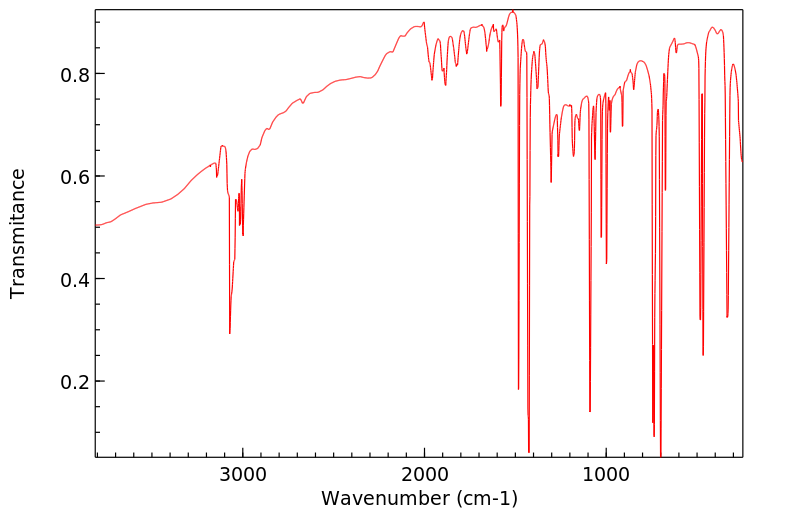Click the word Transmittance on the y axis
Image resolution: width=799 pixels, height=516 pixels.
pyautogui.click(x=18, y=233)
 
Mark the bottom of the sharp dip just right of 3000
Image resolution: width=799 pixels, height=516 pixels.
pyautogui.click(x=230, y=333)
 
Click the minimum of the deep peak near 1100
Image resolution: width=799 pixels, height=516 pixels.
pyautogui.click(x=590, y=411)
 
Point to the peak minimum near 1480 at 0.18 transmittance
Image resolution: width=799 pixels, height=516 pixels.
pyautogui.click(x=518, y=389)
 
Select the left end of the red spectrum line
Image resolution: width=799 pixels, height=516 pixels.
pyautogui.click(x=97, y=226)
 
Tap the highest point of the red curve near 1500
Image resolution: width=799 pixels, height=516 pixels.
pyautogui.click(x=513, y=11)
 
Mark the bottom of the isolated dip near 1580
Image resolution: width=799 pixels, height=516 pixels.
pyautogui.click(x=501, y=105)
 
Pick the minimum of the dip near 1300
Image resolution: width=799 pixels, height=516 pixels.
pyautogui.click(x=551, y=182)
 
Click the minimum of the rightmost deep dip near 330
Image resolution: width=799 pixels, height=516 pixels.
pyautogui.click(x=727, y=317)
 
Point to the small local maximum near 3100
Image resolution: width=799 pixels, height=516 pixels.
pyautogui.click(x=223, y=146)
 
